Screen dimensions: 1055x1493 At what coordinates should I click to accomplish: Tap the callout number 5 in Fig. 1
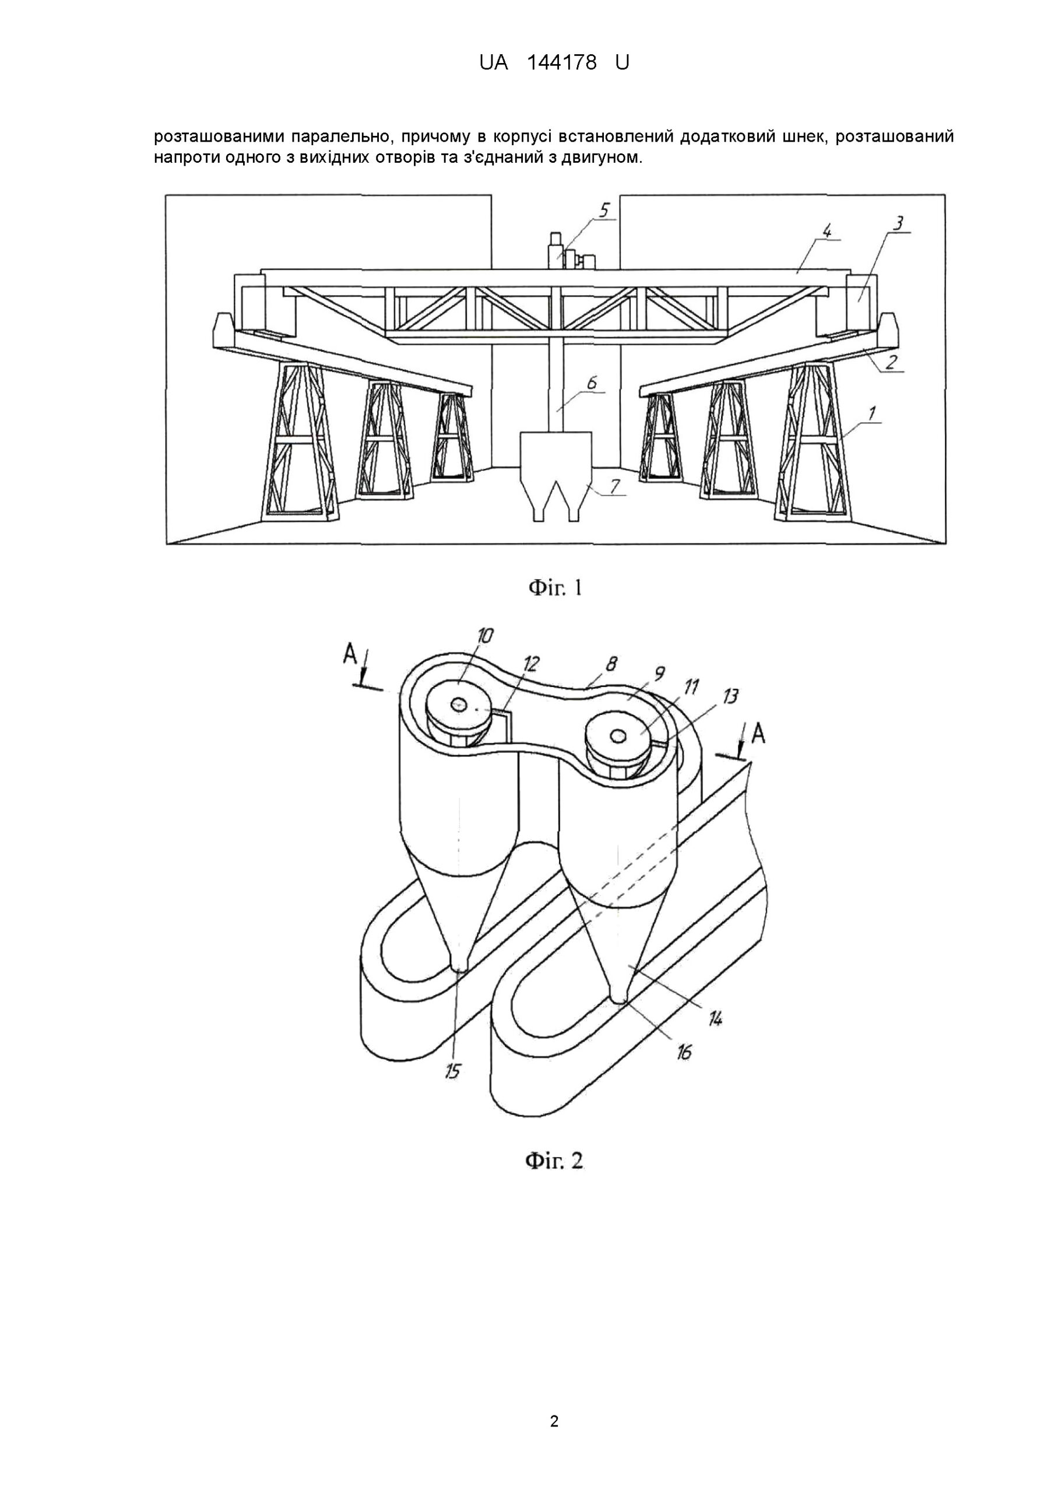tap(604, 211)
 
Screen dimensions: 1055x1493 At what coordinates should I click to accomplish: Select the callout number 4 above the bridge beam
tap(827, 231)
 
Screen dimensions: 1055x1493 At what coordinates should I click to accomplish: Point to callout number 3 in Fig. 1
tap(898, 224)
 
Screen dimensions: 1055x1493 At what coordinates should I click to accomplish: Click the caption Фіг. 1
tap(554, 588)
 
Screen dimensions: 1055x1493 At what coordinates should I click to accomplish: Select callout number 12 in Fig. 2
tap(531, 664)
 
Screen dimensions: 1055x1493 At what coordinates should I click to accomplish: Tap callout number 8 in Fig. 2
tap(611, 664)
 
